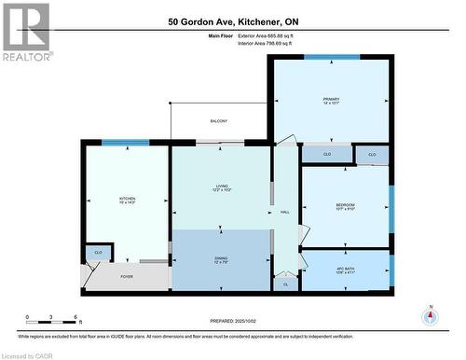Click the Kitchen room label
(127, 200)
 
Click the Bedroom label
(345, 206)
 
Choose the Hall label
(284, 212)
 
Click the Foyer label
(126, 276)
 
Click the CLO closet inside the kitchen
(98, 252)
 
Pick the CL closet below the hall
(285, 284)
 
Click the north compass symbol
(430, 315)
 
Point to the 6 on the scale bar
(75, 316)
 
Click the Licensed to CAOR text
(27, 354)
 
